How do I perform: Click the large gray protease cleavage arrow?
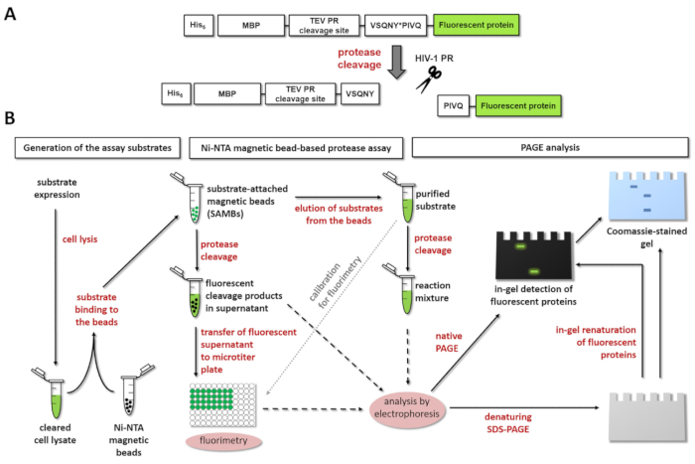pos(396,59)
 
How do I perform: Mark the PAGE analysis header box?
pos(548,149)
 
